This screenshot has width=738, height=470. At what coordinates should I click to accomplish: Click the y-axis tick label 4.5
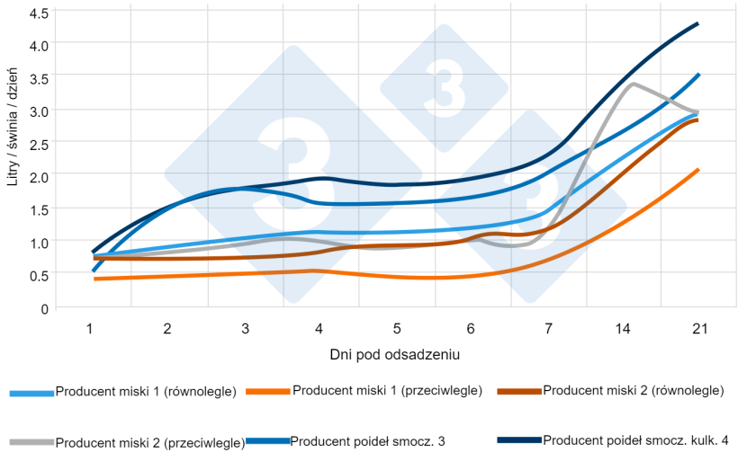(x=39, y=14)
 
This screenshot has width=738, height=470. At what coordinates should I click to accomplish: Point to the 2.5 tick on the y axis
(x=39, y=143)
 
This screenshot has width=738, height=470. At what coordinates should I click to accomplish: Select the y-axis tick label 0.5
(x=39, y=275)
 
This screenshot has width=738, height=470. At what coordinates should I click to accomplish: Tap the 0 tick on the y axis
(x=44, y=308)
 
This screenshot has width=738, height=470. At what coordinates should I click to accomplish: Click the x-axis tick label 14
(x=622, y=329)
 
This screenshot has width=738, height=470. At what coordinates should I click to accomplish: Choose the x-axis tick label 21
(x=697, y=329)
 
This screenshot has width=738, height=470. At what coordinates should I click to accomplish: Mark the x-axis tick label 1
(x=91, y=329)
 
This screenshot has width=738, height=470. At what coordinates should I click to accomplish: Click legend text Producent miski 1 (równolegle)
(x=146, y=391)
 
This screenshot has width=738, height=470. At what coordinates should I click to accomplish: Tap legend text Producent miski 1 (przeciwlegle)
(x=388, y=391)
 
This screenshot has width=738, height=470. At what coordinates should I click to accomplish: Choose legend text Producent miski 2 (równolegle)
(x=634, y=391)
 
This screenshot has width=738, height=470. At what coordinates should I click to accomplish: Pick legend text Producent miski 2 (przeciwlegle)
(x=150, y=442)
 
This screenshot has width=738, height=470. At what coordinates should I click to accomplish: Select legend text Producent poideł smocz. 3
(x=367, y=440)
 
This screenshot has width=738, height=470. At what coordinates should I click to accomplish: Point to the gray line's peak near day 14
(x=634, y=84)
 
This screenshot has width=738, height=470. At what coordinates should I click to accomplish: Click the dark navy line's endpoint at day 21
(x=697, y=24)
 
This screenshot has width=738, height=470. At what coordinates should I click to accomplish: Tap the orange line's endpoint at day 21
(x=697, y=170)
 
